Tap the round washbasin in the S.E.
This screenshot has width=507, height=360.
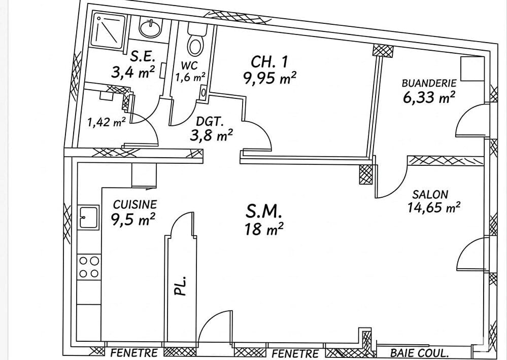pyautogui.click(x=150, y=27)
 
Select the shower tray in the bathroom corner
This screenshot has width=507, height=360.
pyautogui.click(x=108, y=30)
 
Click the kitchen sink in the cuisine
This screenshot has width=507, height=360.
pyautogui.click(x=88, y=217)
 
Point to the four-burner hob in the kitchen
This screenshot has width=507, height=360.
pyautogui.click(x=89, y=267)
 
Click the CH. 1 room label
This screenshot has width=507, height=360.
pyautogui.click(x=269, y=62)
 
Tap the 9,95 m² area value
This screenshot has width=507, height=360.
pyautogui.click(x=270, y=78)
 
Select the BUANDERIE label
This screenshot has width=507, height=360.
pyautogui.click(x=429, y=83)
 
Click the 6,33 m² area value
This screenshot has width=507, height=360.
pyautogui.click(x=429, y=97)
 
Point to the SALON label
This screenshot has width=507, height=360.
pyautogui.click(x=430, y=195)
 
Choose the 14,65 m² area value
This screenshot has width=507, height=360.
pyautogui.click(x=434, y=207)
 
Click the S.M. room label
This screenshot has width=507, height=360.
pyautogui.click(x=264, y=212)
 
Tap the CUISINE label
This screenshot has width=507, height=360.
pyautogui.click(x=135, y=204)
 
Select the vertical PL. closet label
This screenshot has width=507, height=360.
pyautogui.click(x=181, y=285)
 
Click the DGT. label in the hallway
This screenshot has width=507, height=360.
pyautogui.click(x=210, y=122)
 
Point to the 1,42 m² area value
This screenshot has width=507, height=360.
pyautogui.click(x=107, y=122)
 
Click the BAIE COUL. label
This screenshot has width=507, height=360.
pyautogui.click(x=419, y=353)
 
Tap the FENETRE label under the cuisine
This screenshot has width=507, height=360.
pyautogui.click(x=134, y=352)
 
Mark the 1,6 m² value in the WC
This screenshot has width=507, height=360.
pyautogui.click(x=190, y=77)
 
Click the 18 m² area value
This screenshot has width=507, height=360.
pyautogui.click(x=264, y=229)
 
